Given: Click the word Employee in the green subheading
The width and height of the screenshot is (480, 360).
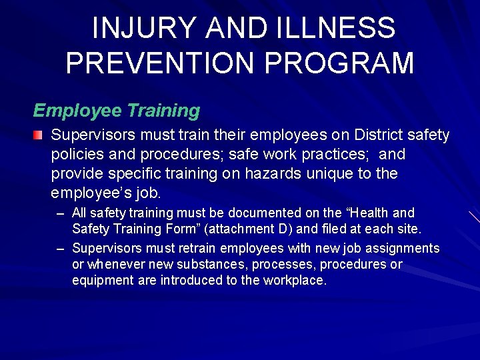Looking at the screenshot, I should tap(76, 110).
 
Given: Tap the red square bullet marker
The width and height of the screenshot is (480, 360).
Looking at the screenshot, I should tap(39, 135).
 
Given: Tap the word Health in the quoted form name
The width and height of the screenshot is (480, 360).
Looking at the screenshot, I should tap(368, 213).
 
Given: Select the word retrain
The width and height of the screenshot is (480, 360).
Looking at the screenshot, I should tap(190, 249).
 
